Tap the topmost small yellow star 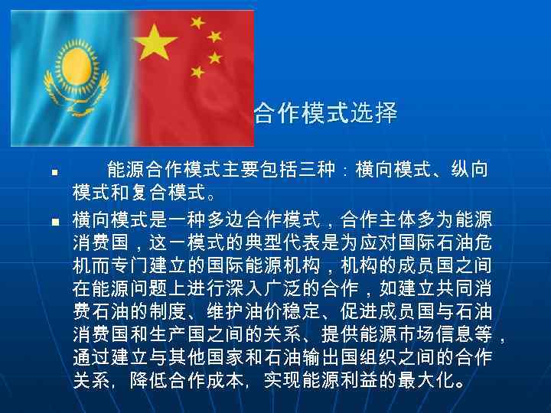tap(197, 21)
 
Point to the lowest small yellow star tap(197, 72)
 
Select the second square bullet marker tap(47, 222)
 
